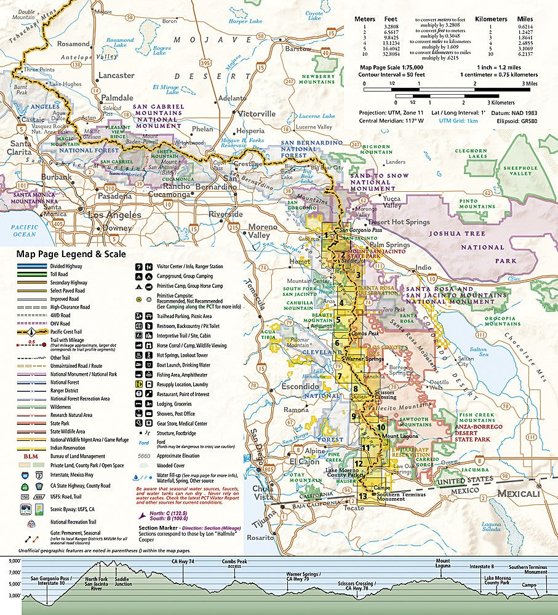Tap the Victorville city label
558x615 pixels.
(x=257, y=114)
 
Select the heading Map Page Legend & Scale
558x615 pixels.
(x=71, y=253)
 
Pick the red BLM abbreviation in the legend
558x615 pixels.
(x=30, y=457)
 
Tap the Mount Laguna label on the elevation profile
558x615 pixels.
(x=443, y=564)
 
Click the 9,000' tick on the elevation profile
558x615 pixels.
(x=14, y=561)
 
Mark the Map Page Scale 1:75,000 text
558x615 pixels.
(x=392, y=66)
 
